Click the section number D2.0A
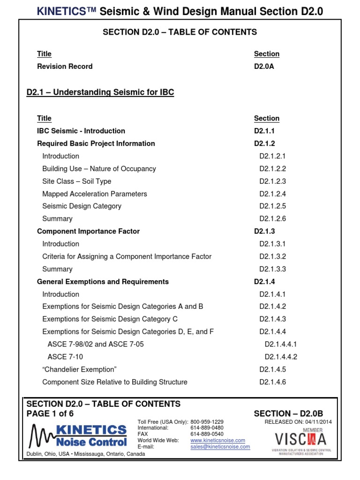point(264,67)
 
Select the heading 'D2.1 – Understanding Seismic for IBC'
point(100,92)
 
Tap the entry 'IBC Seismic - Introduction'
point(81,131)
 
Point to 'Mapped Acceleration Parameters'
point(95,194)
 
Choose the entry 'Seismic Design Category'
point(82,206)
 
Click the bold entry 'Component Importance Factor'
point(88,231)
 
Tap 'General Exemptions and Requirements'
point(103,282)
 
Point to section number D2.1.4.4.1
point(281,344)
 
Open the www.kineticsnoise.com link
point(217,441)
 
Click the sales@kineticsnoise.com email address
point(220,447)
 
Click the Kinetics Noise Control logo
point(78,436)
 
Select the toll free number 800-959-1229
point(207,422)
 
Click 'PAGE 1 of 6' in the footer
point(50,413)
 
